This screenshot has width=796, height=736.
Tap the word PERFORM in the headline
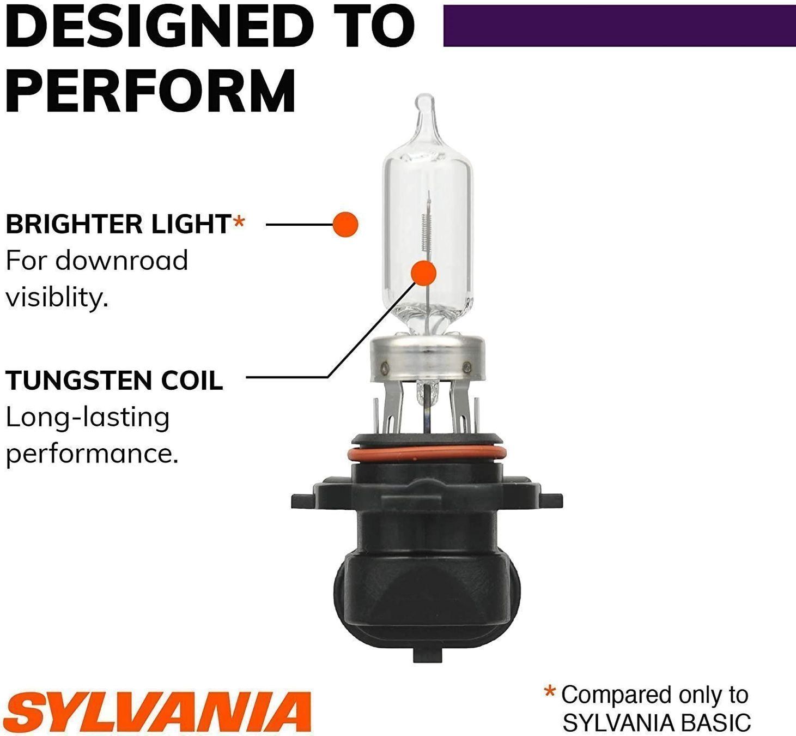(x=150, y=91)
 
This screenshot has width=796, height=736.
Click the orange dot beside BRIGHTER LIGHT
(x=345, y=225)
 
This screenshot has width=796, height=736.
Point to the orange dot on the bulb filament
(x=424, y=273)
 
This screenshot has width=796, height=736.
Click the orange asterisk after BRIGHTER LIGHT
(x=239, y=221)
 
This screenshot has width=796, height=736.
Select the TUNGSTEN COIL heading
(x=114, y=380)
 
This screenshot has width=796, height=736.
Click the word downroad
(x=121, y=260)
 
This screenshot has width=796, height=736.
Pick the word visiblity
(x=57, y=298)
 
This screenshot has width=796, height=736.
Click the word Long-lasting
(x=87, y=418)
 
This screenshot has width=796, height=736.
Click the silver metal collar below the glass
(x=427, y=358)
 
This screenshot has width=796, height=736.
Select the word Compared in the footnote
(x=613, y=696)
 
